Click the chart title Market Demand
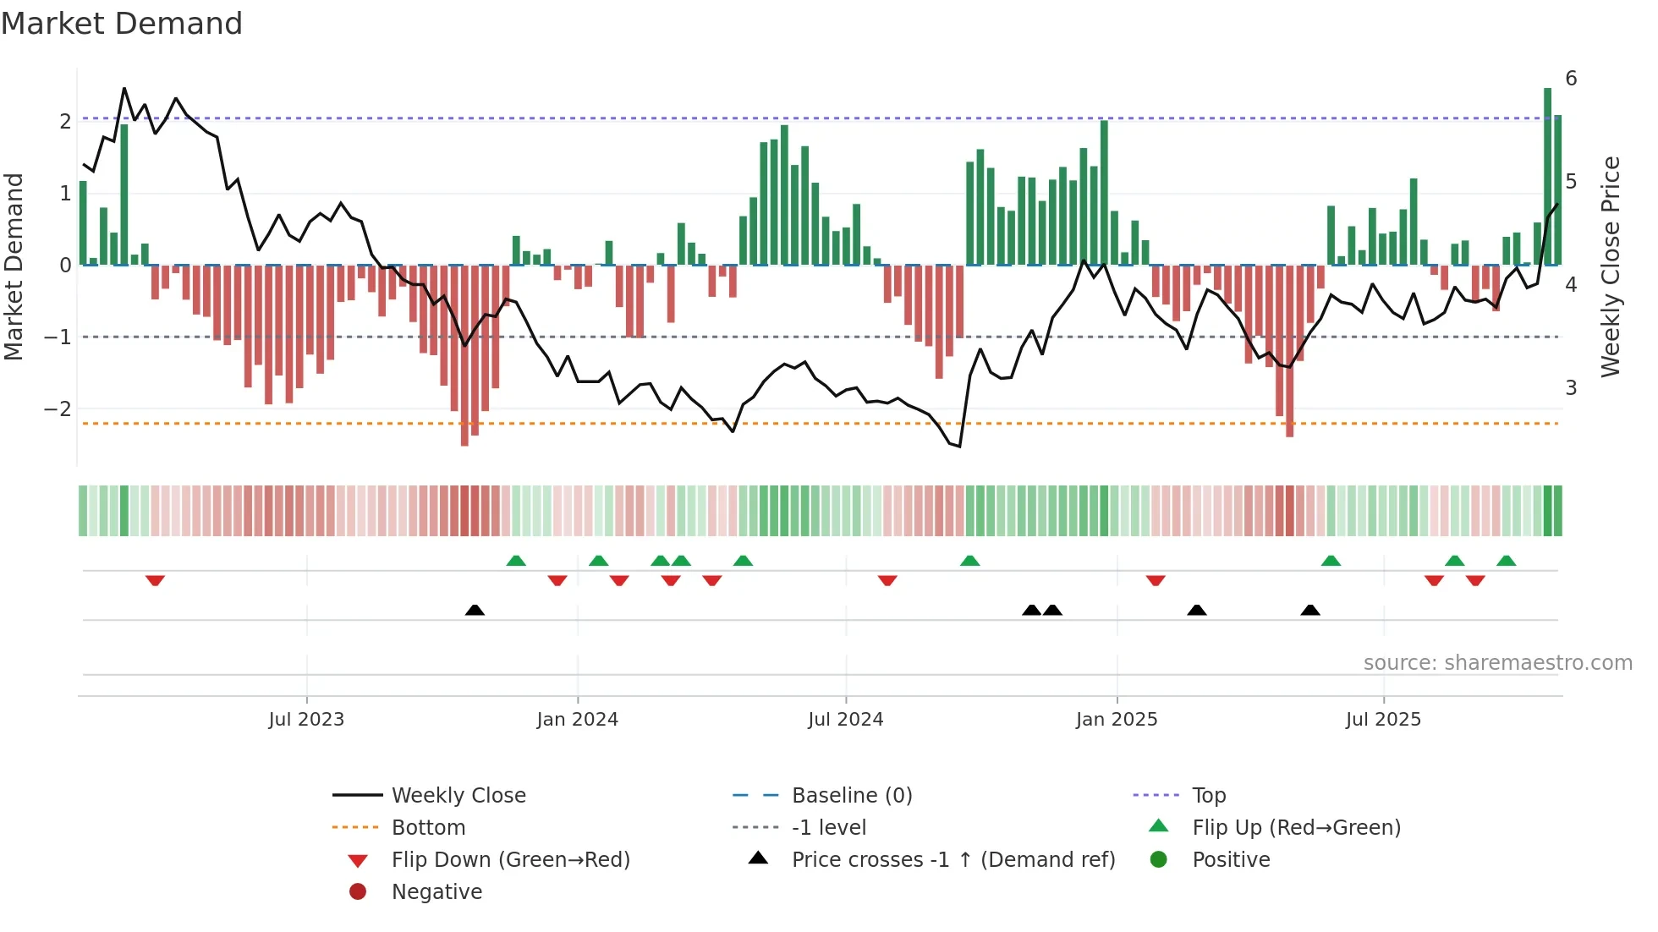pos(122,24)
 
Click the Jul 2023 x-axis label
pos(306,720)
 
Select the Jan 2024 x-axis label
pos(578,720)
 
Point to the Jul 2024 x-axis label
pos(846,720)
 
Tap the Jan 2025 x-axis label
pos(1117,720)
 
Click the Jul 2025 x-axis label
pos(1384,720)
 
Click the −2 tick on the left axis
pos(58,409)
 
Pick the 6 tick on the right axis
pos(1571,79)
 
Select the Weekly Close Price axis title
pos(1611,266)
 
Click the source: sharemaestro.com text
pos(1497,663)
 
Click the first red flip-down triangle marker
pos(155,580)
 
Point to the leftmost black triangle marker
pos(475,610)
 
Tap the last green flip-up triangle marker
pos(1506,561)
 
